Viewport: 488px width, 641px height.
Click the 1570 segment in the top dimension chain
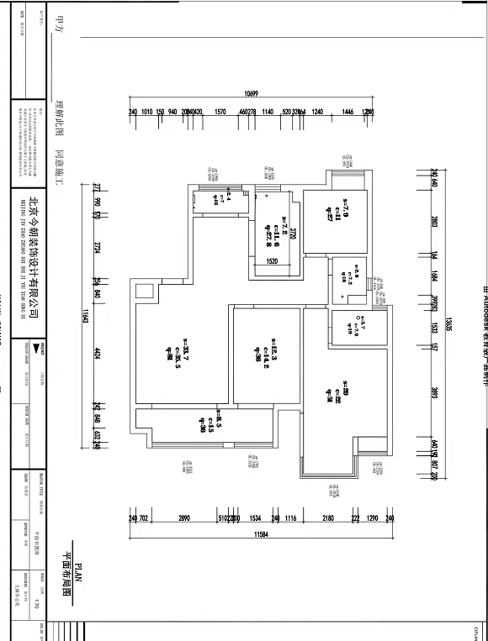point(220,112)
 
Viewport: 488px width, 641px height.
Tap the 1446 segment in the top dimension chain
point(347,112)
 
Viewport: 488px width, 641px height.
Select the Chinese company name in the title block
point(33,244)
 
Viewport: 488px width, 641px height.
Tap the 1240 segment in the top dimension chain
point(317,112)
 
